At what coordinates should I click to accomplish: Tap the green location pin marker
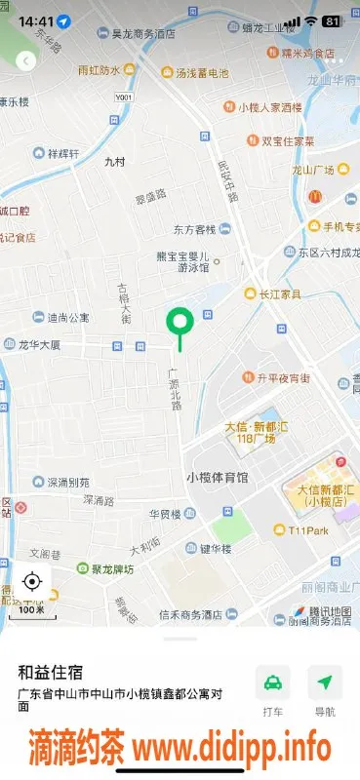[x=180, y=322]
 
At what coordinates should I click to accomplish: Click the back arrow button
[x=25, y=60]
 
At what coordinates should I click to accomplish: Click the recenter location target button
[x=31, y=582]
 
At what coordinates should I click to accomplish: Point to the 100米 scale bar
[x=31, y=608]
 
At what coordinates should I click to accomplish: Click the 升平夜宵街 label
[x=283, y=377]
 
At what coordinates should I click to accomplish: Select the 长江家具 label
[x=280, y=293]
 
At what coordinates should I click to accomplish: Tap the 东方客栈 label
[x=194, y=230]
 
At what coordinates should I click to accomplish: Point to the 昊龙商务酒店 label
[x=143, y=33]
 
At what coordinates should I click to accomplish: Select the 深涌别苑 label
[x=68, y=482]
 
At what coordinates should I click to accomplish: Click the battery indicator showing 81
[x=332, y=20]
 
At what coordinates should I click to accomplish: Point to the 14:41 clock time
[x=35, y=20]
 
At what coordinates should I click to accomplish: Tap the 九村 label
[x=115, y=163]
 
